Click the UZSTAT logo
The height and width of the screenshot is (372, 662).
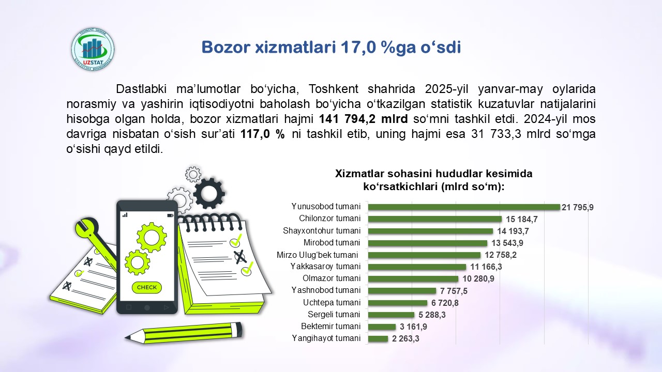pyautogui.click(x=93, y=49)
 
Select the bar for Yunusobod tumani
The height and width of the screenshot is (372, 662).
pyautogui.click(x=464, y=207)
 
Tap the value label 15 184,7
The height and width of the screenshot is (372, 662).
pyautogui.click(x=522, y=219)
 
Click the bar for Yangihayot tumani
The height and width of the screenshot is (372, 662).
pyautogui.click(x=378, y=338)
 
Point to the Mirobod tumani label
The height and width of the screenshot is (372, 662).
pyautogui.click(x=332, y=243)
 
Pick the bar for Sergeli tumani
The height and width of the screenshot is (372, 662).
pyautogui.click(x=391, y=315)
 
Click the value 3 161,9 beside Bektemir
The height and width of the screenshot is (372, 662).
pyautogui.click(x=413, y=327)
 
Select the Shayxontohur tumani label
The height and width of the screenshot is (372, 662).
pyautogui.click(x=322, y=230)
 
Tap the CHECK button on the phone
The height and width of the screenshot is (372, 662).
pyautogui.click(x=147, y=287)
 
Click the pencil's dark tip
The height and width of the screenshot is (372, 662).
pyautogui.click(x=128, y=337)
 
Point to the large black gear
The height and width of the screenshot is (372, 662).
pyautogui.click(x=209, y=194)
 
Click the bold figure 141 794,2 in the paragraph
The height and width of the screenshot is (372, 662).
pyautogui.click(x=347, y=119)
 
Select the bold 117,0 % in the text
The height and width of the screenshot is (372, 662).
pyautogui.click(x=262, y=134)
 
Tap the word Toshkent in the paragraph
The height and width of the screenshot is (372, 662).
pyautogui.click(x=334, y=89)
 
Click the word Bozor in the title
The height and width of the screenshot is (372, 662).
pyautogui.click(x=226, y=47)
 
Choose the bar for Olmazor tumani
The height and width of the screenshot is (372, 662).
pyautogui.click(x=413, y=278)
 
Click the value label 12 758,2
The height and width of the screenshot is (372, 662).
pyautogui.click(x=500, y=255)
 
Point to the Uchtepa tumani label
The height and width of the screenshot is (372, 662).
pyautogui.click(x=332, y=303)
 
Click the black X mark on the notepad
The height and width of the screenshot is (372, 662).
pyautogui.click(x=240, y=257)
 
